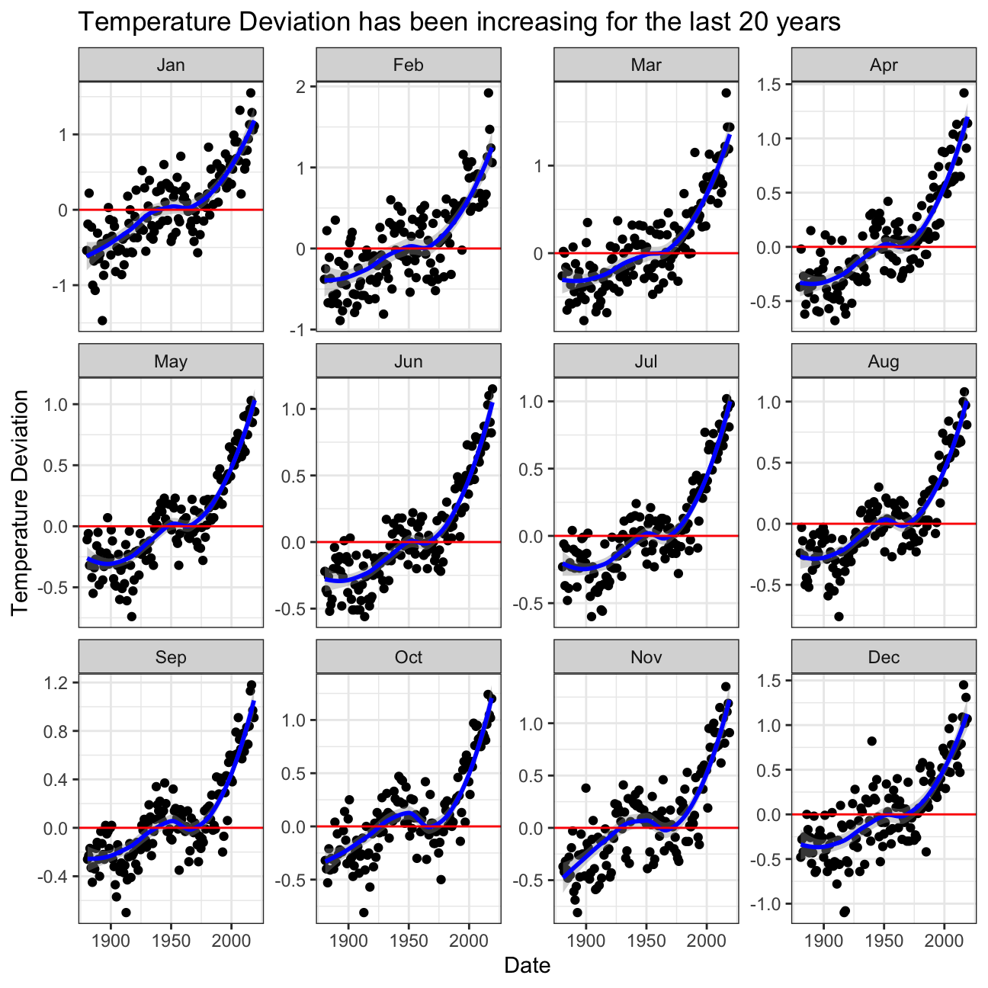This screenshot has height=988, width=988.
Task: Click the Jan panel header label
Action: click(171, 65)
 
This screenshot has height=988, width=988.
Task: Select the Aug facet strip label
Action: click(884, 361)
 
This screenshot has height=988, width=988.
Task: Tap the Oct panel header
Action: click(409, 657)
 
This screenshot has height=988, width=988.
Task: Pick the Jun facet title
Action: click(409, 361)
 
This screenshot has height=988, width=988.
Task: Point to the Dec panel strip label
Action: click(884, 657)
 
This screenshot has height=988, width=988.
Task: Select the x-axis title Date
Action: click(527, 965)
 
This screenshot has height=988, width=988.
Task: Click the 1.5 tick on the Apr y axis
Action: click(771, 85)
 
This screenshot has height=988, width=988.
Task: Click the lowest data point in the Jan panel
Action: click(102, 320)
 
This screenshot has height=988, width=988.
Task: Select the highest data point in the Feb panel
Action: click(489, 93)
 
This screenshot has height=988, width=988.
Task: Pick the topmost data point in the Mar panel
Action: click(726, 93)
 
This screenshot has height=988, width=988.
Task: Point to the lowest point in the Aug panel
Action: click(839, 616)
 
